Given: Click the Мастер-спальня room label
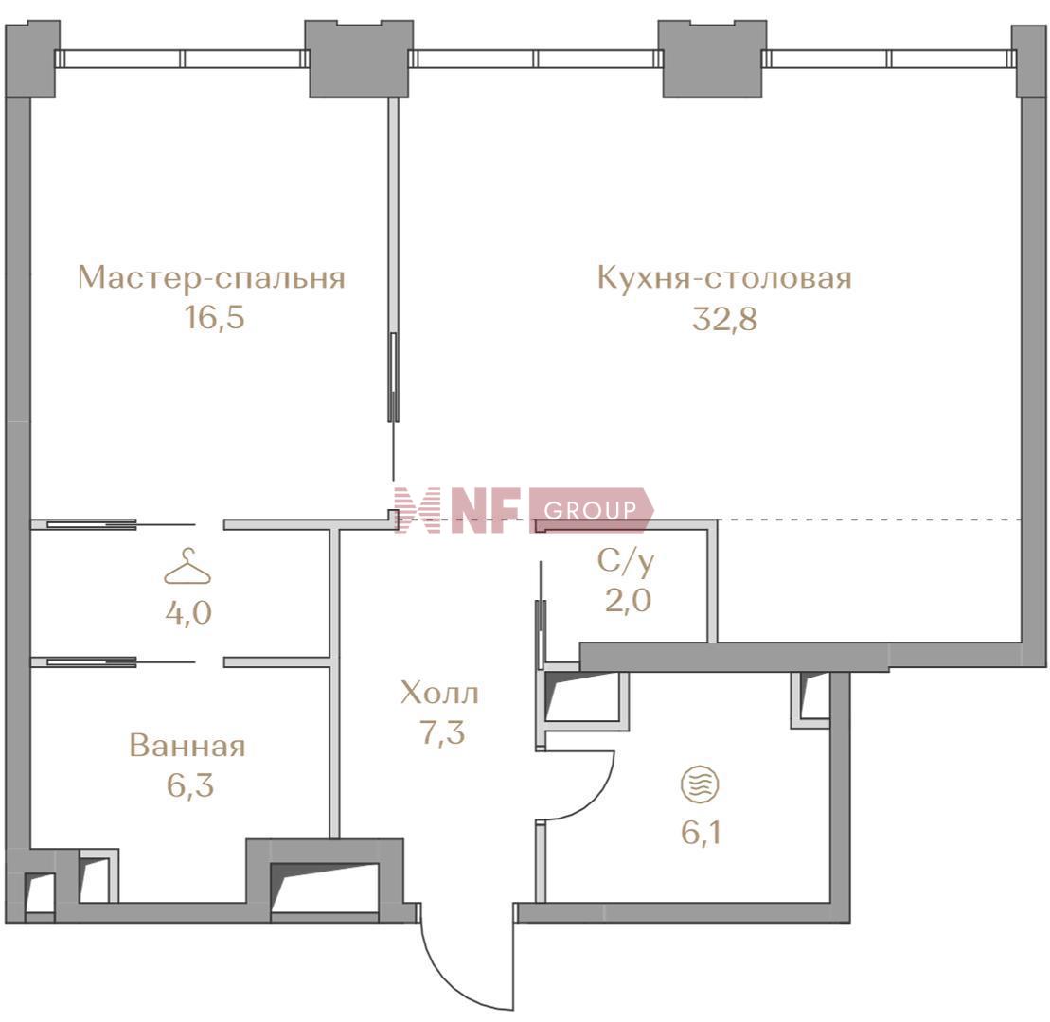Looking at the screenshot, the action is [x=211, y=278].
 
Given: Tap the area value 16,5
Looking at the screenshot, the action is [x=215, y=318].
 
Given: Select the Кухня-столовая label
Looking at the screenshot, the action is [x=724, y=278].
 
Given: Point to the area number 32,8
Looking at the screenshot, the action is [x=724, y=319].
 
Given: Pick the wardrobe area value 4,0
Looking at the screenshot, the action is [x=188, y=612].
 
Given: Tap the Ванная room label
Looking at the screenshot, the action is [x=187, y=746].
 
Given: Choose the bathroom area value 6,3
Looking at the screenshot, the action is [x=190, y=785].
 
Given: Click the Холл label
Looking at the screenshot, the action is [x=439, y=694].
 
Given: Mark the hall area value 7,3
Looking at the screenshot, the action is [x=442, y=732].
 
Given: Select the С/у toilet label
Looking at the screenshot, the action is [x=626, y=562].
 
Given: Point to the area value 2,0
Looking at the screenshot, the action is [x=628, y=600].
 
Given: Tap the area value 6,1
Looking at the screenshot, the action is [x=701, y=834].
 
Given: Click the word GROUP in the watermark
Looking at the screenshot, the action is [x=590, y=511].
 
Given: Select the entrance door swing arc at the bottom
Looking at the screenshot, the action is [x=461, y=981].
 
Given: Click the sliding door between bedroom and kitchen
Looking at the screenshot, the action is [x=394, y=377].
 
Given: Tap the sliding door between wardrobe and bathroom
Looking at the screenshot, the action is [x=92, y=661].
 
